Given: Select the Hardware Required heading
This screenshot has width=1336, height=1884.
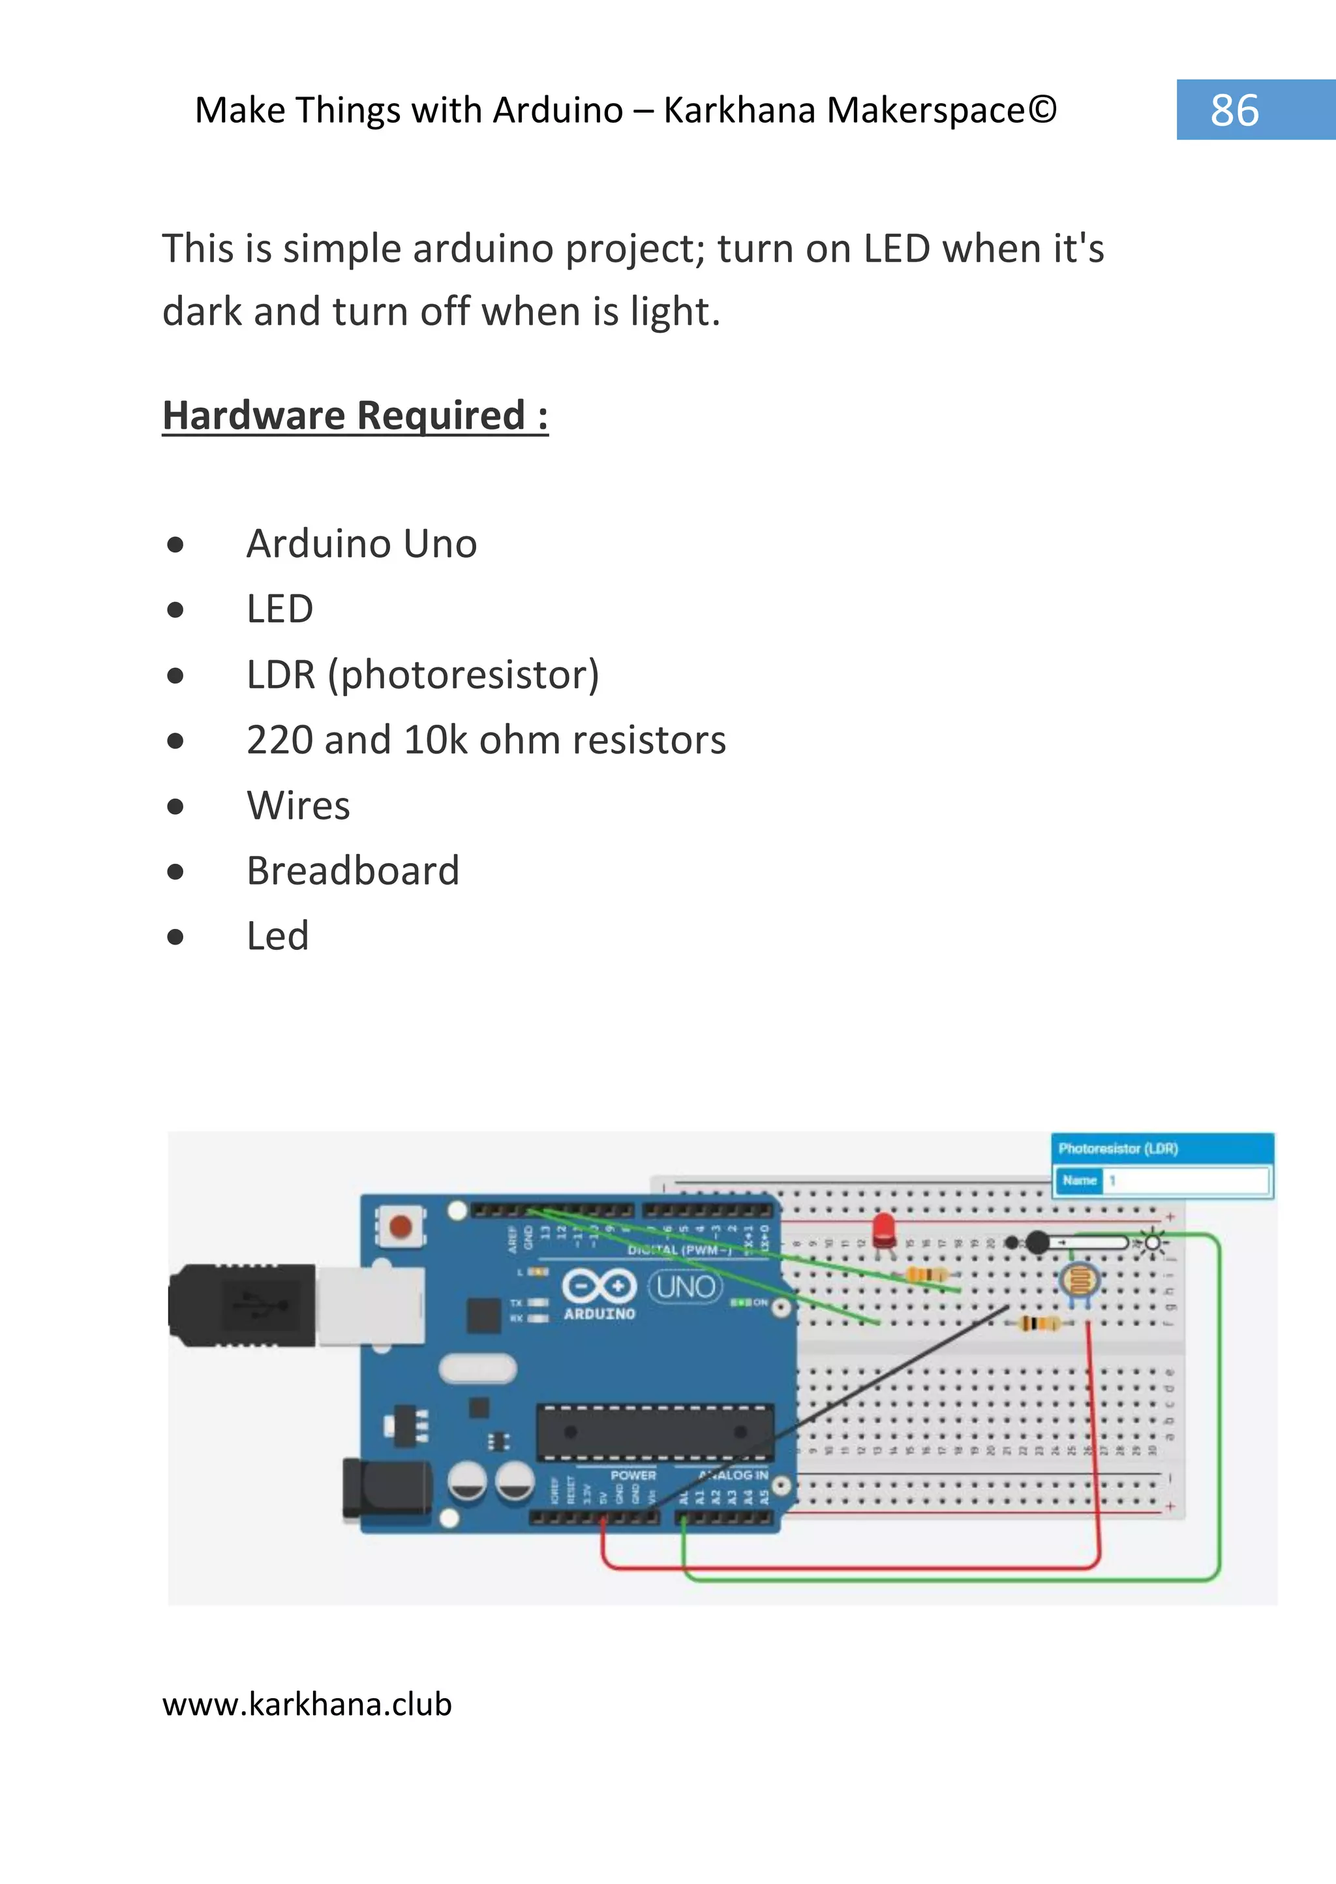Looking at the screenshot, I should pos(355,416).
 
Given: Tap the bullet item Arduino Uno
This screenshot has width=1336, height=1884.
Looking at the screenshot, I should pos(361,544).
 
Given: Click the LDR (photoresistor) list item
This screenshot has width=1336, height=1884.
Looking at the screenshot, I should pos(423,675).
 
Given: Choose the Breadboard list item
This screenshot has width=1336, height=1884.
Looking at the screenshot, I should pos(353,870).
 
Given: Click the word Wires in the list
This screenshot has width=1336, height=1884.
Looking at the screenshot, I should pos(298,806).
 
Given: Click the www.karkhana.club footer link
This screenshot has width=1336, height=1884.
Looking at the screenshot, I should pos(307,1704).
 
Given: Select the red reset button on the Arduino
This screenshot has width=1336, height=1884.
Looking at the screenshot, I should pos(400,1226).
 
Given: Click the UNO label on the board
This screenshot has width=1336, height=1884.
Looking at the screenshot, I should pos(685,1286).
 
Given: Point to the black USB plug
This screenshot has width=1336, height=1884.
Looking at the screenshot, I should pos(243,1305).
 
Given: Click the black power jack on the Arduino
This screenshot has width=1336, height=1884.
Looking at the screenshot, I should pos(387,1487).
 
